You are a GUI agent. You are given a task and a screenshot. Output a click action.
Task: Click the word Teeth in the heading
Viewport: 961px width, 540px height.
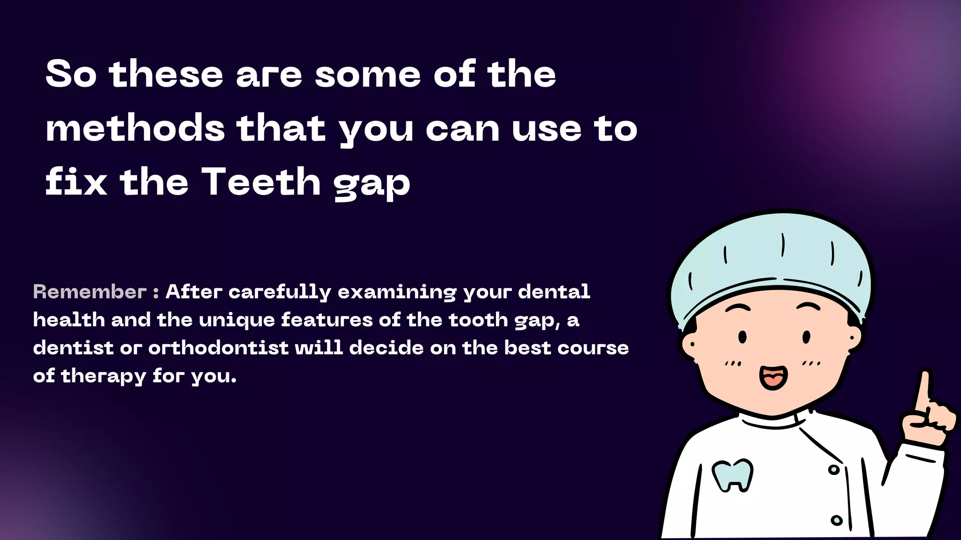[x=261, y=182]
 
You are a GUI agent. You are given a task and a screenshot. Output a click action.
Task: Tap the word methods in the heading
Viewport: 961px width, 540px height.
[x=135, y=128]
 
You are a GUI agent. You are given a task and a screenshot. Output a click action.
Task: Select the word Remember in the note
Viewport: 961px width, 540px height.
[x=90, y=292]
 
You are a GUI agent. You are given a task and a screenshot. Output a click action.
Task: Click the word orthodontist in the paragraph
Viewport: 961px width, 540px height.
[x=218, y=348]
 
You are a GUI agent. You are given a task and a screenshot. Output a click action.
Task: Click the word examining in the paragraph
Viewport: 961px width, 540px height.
[x=397, y=292]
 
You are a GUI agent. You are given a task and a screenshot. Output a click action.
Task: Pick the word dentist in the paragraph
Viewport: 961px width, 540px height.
[x=73, y=348]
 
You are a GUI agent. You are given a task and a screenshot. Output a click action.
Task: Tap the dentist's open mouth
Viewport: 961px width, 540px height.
[x=773, y=376]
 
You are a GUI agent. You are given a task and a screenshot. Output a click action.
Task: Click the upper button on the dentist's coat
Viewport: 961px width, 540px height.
[x=833, y=470]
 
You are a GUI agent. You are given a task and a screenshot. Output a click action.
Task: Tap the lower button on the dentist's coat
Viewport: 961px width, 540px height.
[x=837, y=520]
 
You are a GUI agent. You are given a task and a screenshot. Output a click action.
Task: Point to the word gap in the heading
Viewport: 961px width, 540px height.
[x=372, y=184]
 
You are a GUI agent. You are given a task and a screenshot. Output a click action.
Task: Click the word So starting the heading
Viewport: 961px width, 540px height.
[x=71, y=74]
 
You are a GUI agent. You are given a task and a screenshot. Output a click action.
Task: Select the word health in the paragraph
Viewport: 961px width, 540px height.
[x=69, y=320]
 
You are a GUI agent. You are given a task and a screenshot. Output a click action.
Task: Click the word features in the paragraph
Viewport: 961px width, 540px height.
[x=327, y=320]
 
